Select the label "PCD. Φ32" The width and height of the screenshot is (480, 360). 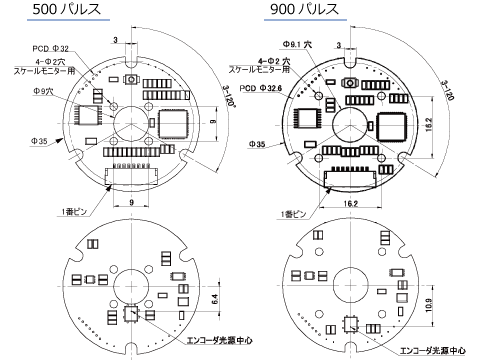click(50, 48)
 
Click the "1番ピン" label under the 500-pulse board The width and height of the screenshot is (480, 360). click(76, 210)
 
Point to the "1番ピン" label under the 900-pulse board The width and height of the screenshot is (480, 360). click(295, 213)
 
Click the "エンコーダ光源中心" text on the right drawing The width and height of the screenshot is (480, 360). click(432, 350)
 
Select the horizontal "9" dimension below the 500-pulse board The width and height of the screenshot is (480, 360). click(131, 201)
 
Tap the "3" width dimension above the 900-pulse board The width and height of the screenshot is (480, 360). click(340, 44)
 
